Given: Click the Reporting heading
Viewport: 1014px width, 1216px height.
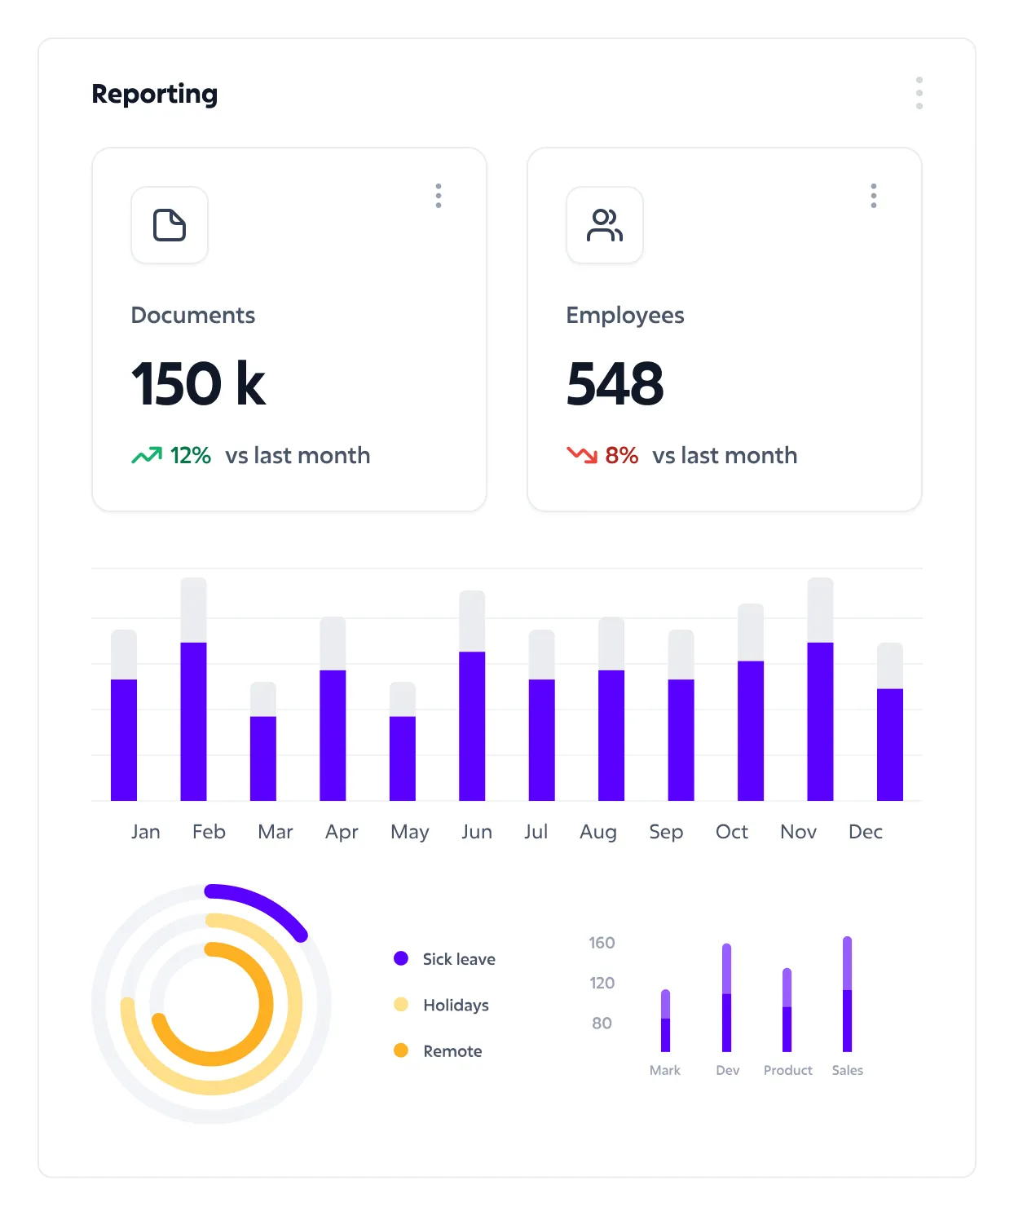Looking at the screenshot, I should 155,94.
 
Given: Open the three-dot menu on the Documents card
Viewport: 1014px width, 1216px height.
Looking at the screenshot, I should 439,196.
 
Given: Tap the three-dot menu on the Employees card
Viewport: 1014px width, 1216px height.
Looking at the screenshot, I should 874,196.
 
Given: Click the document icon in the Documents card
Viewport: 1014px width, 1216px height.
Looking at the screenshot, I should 170,225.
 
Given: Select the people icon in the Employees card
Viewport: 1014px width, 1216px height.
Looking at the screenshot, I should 605,225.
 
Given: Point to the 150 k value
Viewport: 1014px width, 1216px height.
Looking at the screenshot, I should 198,384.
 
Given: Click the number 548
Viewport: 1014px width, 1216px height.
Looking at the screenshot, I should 615,384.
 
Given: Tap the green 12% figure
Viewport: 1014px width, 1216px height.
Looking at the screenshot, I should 190,455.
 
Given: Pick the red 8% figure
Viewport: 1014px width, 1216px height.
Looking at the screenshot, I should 621,455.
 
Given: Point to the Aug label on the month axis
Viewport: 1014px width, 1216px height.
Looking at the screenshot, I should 598,832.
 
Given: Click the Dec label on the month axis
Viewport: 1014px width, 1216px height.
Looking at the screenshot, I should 866,832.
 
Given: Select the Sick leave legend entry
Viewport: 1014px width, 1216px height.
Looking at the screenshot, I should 458,959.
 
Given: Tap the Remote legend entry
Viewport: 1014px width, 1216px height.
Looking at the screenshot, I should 452,1051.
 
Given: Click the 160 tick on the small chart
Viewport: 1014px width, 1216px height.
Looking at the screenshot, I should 602,943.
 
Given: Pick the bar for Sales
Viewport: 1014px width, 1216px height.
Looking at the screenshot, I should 848,1003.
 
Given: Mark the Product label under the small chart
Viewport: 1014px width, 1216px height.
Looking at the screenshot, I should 787,1070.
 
